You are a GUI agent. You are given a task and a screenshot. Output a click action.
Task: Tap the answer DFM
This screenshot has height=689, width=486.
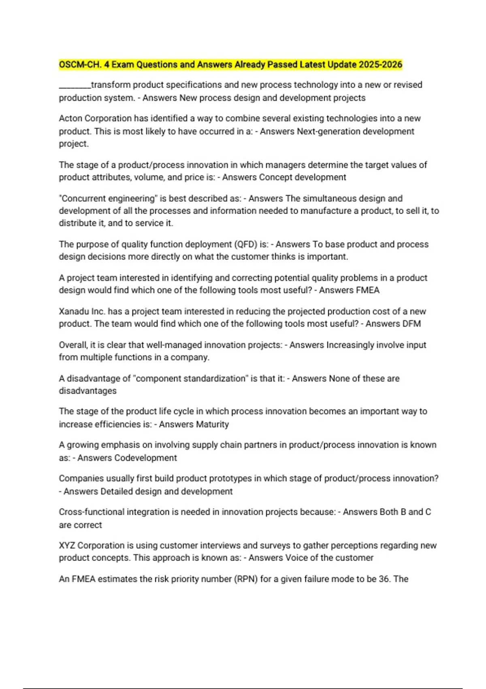412,324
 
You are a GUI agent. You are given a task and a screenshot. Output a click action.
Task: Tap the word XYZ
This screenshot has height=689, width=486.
67,546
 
